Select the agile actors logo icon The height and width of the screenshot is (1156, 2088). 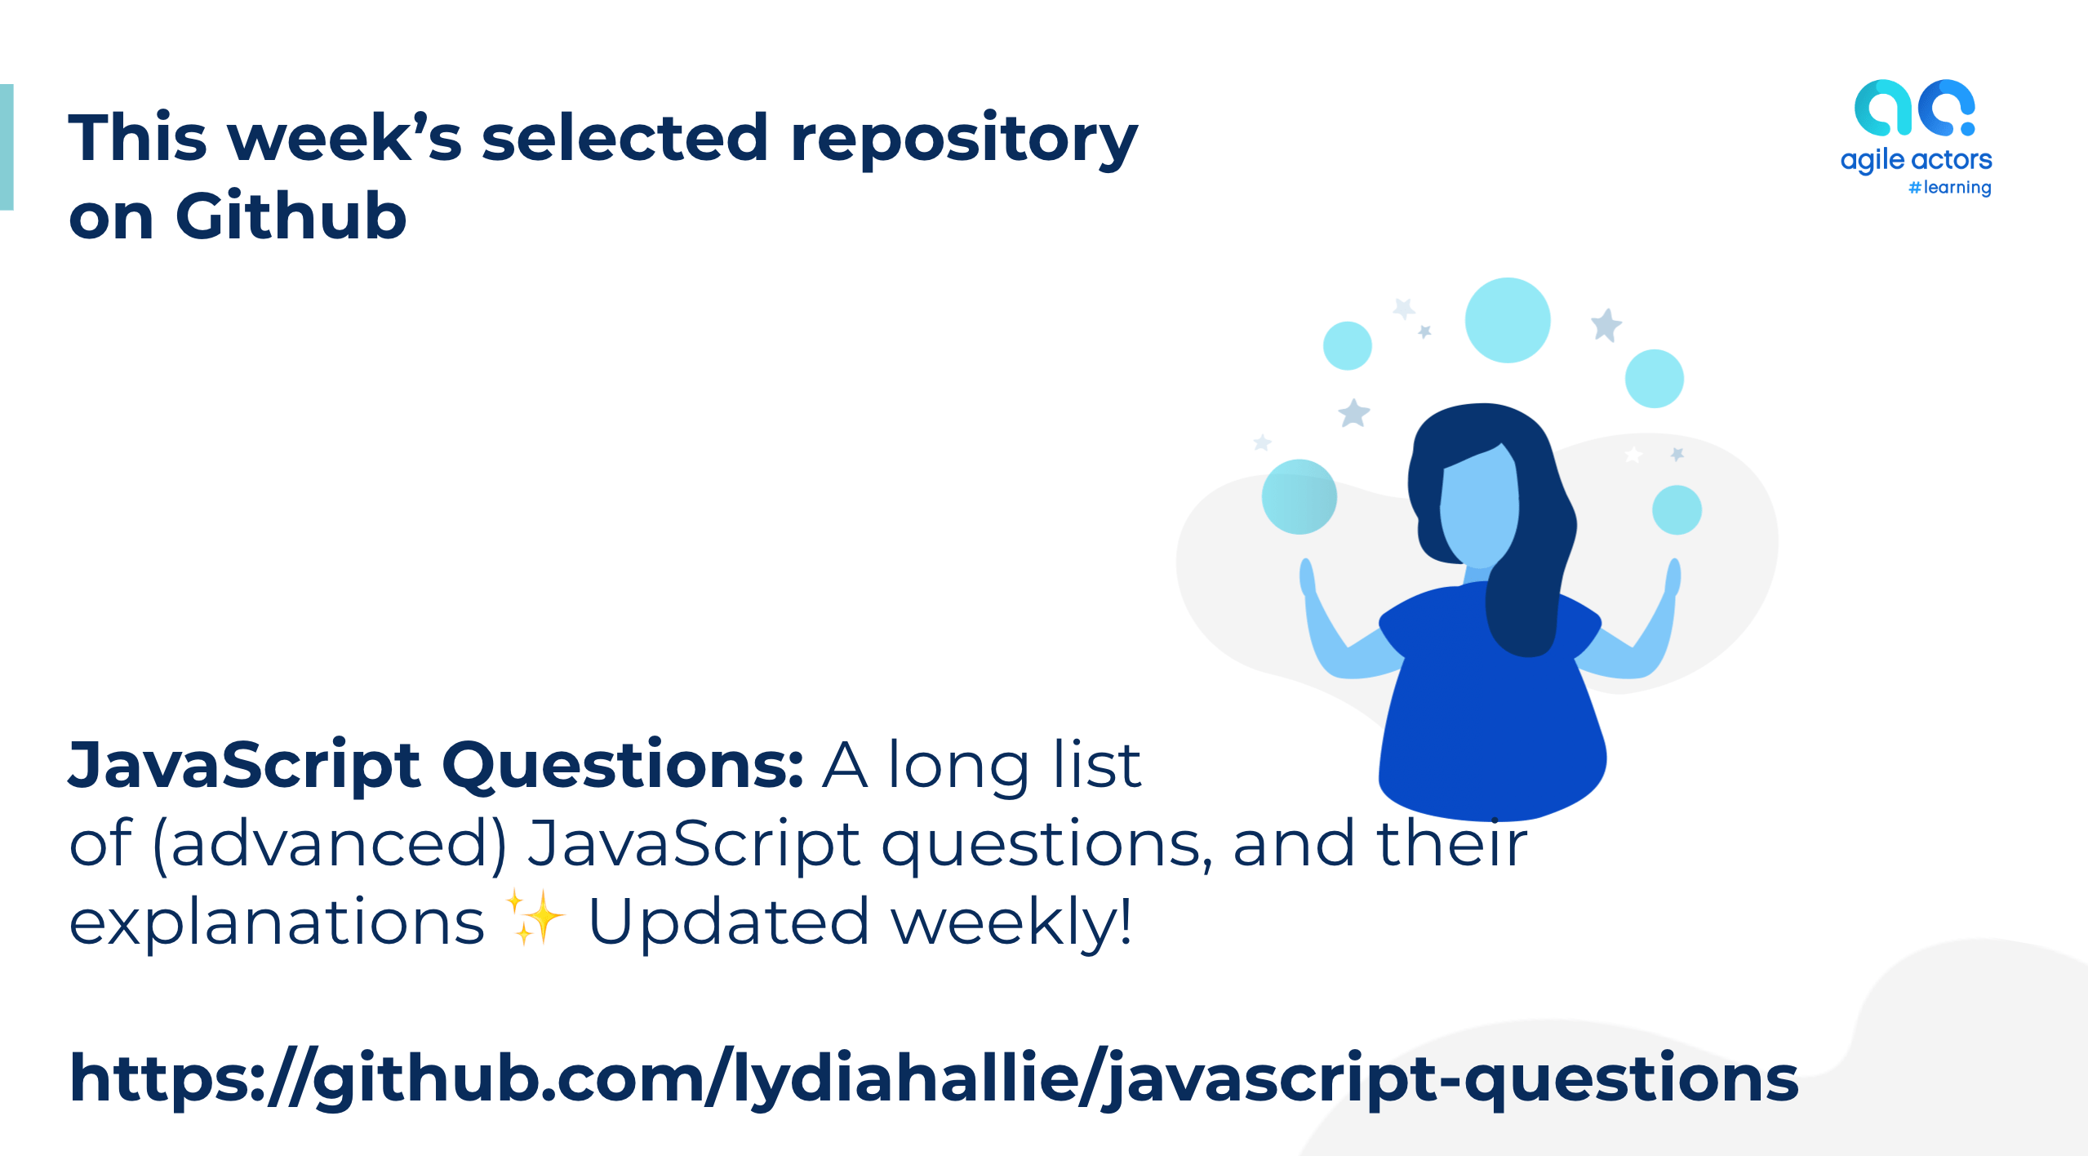tap(1914, 108)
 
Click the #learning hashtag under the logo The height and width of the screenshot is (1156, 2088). tap(1949, 188)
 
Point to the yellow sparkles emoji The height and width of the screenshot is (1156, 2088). tap(535, 918)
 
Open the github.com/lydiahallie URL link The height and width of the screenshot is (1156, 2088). tap(934, 1078)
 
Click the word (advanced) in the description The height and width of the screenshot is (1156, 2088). tap(329, 843)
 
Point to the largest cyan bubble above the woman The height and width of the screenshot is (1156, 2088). tap(1507, 320)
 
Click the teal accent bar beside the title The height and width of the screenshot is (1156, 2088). tap(7, 147)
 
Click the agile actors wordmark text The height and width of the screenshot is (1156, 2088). tap(1916, 159)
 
